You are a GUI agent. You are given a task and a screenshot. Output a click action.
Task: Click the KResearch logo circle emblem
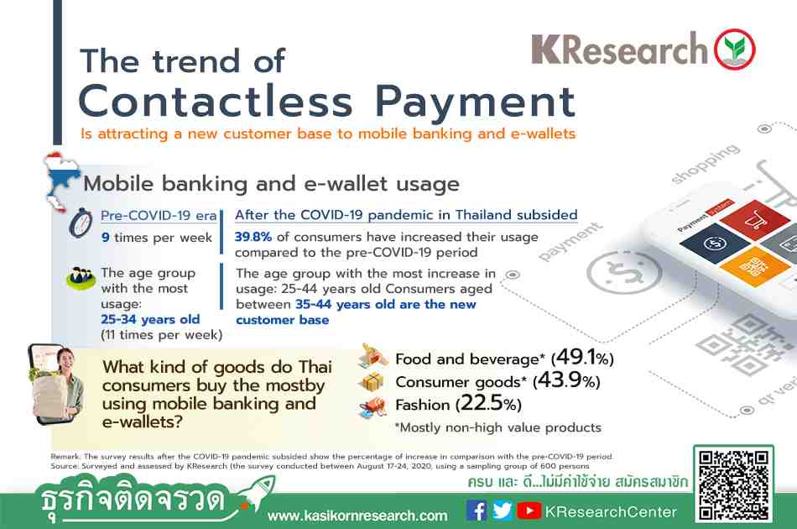734,50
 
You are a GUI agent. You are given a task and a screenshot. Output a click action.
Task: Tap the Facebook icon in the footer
477,511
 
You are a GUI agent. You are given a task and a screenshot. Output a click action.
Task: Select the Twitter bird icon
503,511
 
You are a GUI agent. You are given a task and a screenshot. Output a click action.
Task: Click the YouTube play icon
529,511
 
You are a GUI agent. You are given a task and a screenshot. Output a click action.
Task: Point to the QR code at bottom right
733,484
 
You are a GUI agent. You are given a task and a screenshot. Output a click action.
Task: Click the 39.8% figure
253,237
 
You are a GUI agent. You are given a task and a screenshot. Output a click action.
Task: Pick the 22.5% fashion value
488,403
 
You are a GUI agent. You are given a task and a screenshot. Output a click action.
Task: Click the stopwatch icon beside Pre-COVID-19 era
81,223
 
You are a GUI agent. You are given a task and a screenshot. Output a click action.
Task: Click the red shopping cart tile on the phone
754,219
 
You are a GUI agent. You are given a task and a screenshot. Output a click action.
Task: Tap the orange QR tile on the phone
755,266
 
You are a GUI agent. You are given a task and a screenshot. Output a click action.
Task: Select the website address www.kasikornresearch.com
358,516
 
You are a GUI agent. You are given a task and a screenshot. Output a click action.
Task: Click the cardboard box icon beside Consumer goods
372,381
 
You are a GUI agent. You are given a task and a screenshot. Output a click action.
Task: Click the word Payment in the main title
475,102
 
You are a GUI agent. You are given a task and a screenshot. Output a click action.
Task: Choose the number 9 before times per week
105,238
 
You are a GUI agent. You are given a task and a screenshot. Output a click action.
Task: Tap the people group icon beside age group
81,278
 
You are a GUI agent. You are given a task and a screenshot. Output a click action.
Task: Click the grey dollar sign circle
623,272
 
